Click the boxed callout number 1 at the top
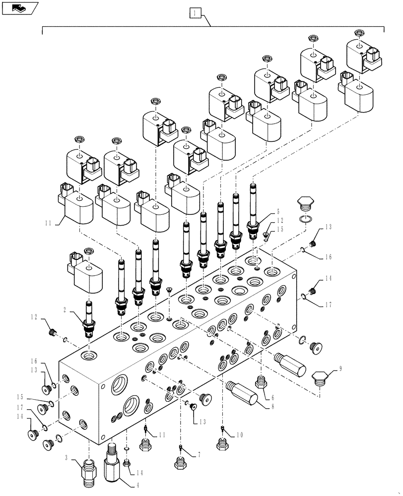pos(196,13)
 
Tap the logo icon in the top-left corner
pos(20,8)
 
